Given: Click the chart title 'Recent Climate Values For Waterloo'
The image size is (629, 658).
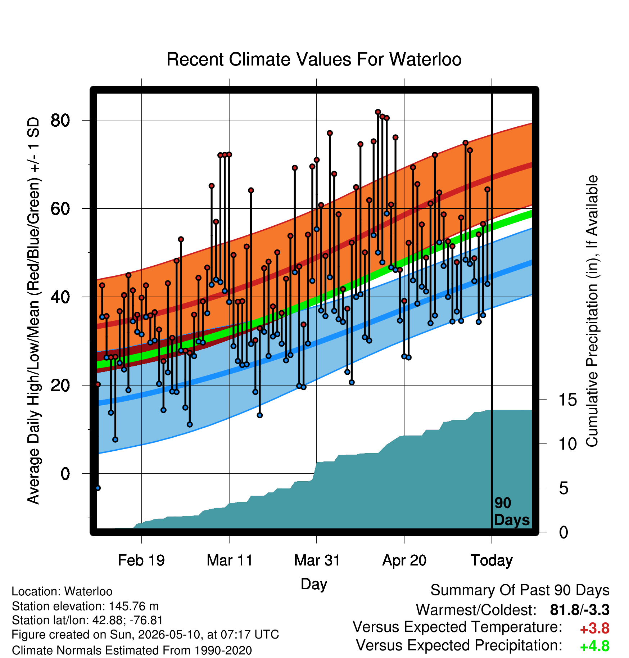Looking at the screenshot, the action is [x=314, y=59].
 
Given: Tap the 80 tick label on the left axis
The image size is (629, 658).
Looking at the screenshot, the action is [x=60, y=120].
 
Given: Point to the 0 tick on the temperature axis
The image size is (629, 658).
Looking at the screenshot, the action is [x=65, y=474].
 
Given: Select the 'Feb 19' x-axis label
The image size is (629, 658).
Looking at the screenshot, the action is [x=141, y=560].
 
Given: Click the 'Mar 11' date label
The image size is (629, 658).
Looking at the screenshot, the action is [x=230, y=560].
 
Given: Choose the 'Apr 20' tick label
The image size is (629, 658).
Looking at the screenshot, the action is [x=404, y=560].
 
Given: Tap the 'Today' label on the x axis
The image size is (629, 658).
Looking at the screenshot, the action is [x=492, y=560].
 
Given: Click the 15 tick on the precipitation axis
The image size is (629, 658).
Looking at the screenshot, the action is [x=567, y=400].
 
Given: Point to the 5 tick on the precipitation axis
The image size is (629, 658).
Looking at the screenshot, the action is [x=564, y=488].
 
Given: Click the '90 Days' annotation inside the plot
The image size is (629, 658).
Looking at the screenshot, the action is [x=512, y=511].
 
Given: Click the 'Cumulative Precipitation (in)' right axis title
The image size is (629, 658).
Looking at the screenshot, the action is [x=592, y=311].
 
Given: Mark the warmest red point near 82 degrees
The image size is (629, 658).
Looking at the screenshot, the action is [x=378, y=112].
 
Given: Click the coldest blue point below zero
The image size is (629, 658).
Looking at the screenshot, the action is [x=98, y=488].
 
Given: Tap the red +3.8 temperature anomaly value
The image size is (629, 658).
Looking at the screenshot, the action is [x=595, y=628].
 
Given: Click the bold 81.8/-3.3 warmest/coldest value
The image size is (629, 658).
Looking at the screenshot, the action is [x=580, y=610].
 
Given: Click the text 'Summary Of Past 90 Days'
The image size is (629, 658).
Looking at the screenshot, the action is [x=520, y=591].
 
